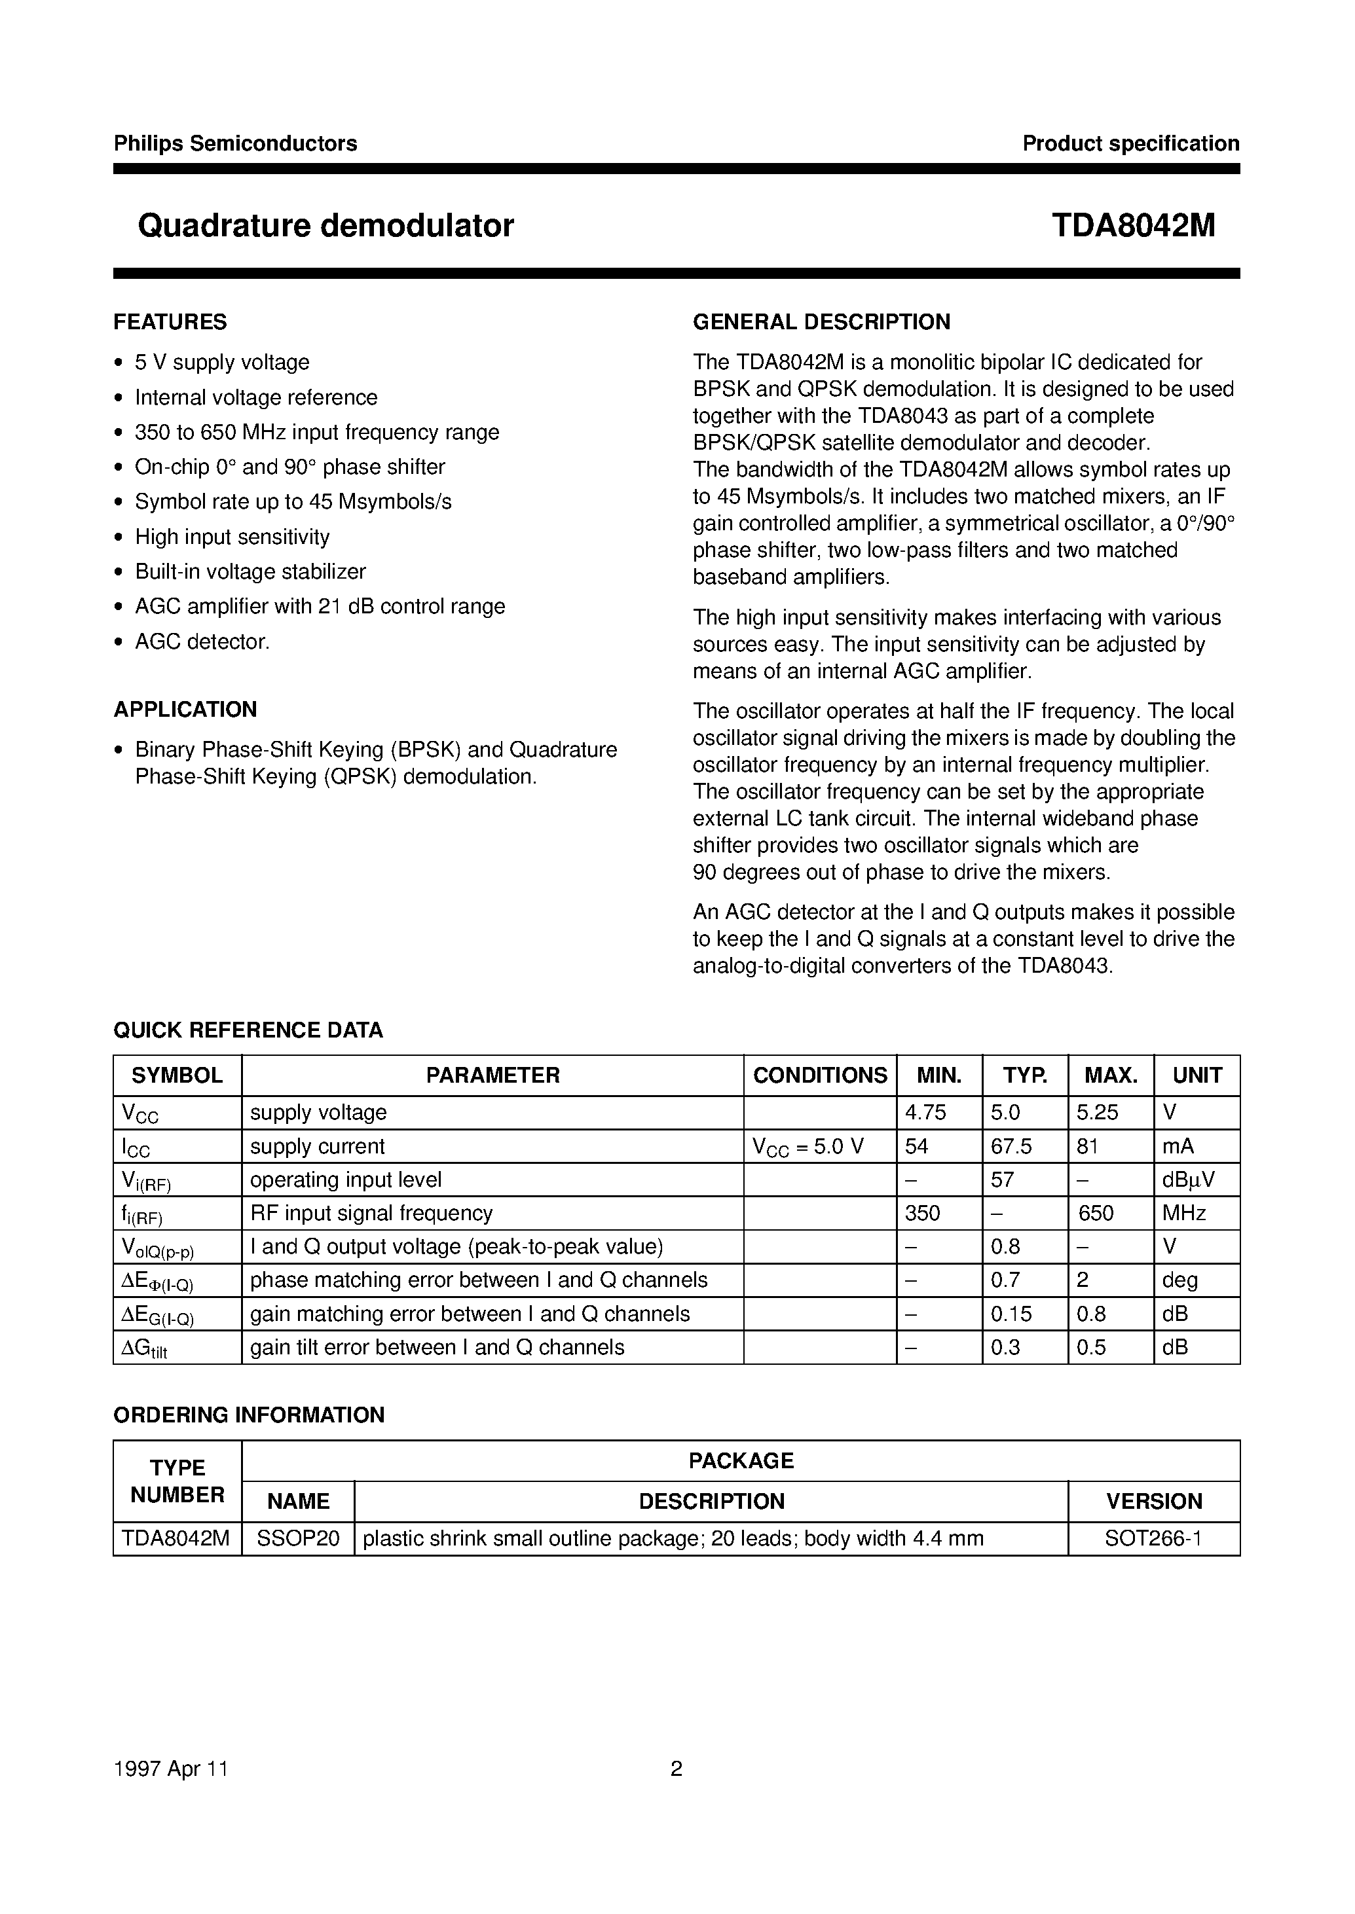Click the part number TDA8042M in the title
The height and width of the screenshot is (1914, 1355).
(x=1132, y=226)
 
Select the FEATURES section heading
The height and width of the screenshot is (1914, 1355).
(x=170, y=322)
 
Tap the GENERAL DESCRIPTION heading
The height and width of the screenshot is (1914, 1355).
(x=821, y=322)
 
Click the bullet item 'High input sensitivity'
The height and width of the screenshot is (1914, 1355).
(x=232, y=537)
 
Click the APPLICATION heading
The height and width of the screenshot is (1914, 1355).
(x=185, y=710)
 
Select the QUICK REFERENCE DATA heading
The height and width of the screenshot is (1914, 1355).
(x=248, y=1030)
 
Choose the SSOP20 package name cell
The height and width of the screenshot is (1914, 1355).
(x=298, y=1539)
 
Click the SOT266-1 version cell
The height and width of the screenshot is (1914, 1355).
(x=1153, y=1539)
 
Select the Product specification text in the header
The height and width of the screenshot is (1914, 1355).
(x=1130, y=143)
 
